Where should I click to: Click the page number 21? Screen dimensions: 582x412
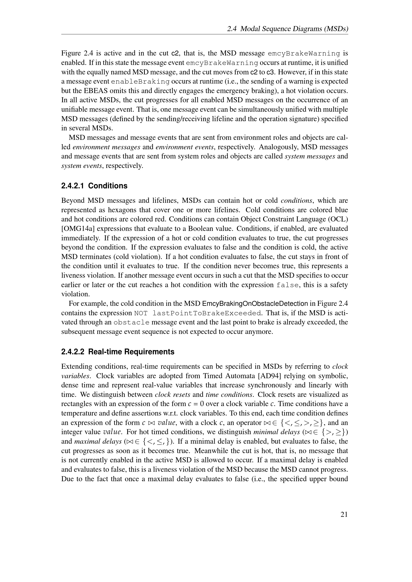click(344, 514)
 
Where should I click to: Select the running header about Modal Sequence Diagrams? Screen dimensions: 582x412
click(287, 29)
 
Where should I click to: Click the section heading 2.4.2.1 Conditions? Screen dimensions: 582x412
click(94, 186)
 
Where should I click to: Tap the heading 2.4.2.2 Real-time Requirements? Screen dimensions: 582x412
click(118, 352)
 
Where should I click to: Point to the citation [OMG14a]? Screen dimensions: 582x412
click(78, 229)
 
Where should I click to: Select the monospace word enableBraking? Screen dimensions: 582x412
click(140, 82)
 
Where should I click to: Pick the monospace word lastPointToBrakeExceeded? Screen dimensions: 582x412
click(206, 313)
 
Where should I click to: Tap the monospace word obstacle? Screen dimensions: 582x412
click(132, 322)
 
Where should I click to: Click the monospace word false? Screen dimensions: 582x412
click(287, 285)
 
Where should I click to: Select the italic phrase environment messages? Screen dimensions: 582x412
click(106, 147)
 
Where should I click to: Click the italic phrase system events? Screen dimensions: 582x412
click(82, 166)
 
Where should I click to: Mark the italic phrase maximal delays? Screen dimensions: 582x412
click(98, 441)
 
